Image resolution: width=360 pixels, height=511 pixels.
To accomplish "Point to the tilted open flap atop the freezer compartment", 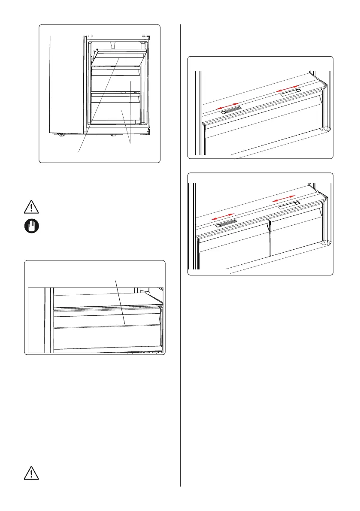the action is [x=121, y=55].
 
